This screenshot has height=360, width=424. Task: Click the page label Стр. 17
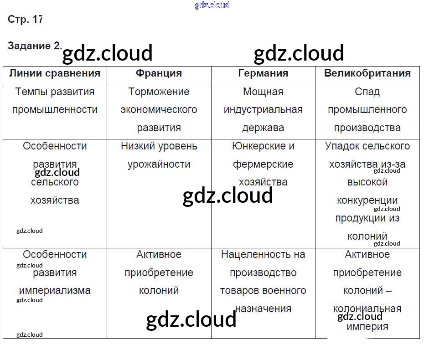pos(25,19)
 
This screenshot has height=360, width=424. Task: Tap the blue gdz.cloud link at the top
pos(212,5)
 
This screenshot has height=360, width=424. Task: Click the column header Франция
pos(159,73)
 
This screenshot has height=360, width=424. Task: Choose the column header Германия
pos(263,73)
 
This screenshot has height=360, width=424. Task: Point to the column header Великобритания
pos(367,73)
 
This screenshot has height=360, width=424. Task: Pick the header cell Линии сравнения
pos(55,73)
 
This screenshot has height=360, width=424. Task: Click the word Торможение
pos(159,92)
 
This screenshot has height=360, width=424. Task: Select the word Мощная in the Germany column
pos(263,92)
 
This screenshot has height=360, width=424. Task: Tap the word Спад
pos(367,92)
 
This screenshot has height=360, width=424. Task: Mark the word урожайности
pos(159,164)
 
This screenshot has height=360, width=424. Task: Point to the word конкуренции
pos(367,200)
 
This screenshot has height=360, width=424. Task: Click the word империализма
pos(55,290)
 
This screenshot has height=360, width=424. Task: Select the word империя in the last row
pos(367,327)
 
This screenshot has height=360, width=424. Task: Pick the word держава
pos(263,128)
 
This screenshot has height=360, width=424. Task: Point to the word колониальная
pos(367,309)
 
